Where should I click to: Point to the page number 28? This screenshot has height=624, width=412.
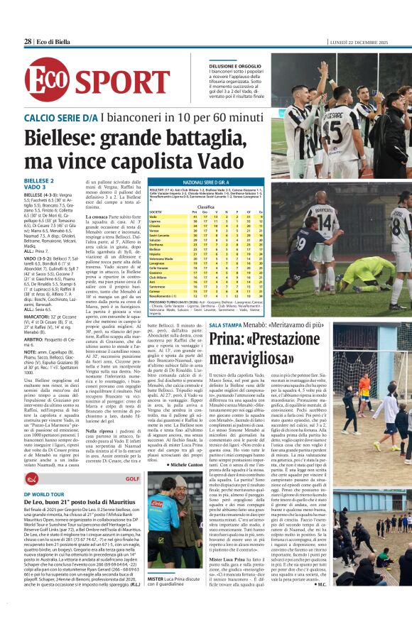28,42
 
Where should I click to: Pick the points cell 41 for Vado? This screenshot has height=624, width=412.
195,216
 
